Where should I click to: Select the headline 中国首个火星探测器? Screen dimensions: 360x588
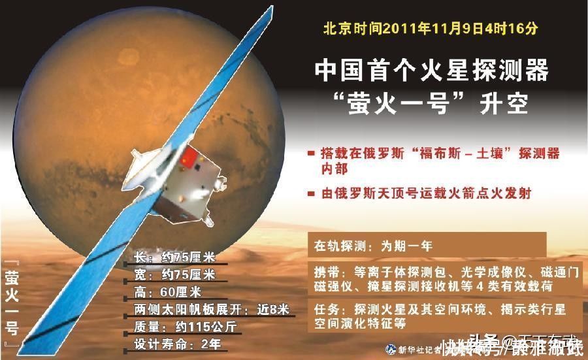431,70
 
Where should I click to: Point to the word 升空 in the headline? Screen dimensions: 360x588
502,103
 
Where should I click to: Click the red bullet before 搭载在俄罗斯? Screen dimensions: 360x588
311,154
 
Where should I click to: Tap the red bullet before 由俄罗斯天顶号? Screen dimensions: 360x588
311,193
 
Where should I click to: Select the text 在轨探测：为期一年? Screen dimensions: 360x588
373,247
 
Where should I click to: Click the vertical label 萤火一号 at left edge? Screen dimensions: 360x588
12,304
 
